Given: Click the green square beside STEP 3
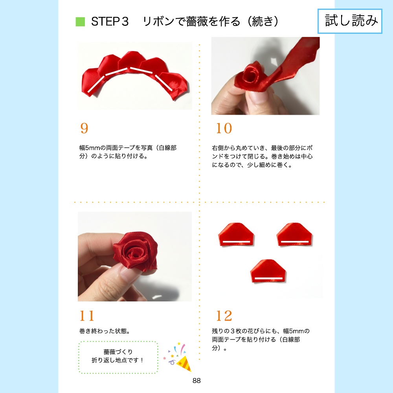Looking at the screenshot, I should [x=80, y=22].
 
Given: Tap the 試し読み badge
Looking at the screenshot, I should [x=350, y=21].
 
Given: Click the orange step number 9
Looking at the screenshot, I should [x=84, y=129].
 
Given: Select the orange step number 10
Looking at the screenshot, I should [x=224, y=129].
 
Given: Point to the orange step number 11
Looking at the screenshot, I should [x=87, y=316].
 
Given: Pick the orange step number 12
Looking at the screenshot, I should [x=224, y=316].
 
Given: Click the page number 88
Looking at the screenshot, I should [x=196, y=380].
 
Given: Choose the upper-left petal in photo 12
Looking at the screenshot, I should [x=235, y=235].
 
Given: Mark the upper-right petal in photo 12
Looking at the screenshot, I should [x=294, y=235].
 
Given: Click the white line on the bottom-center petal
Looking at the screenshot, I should [x=268, y=278].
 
